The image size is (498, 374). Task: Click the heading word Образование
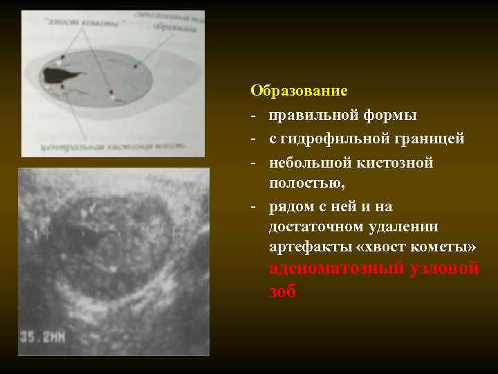[299, 91]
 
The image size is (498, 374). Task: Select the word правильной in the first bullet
[306, 115]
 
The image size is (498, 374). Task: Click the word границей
[428, 139]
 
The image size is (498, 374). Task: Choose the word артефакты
[303, 247]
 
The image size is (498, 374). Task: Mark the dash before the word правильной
[254, 115]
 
